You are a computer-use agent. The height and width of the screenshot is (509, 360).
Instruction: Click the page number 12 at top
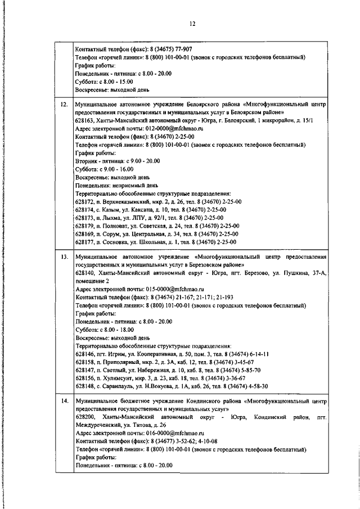191,24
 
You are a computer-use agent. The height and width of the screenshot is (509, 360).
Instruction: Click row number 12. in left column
64,105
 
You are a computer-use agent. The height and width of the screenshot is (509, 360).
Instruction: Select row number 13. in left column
64,256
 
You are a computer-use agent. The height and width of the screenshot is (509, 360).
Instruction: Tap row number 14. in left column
64,402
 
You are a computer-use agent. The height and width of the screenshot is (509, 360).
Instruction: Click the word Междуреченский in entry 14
98,426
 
